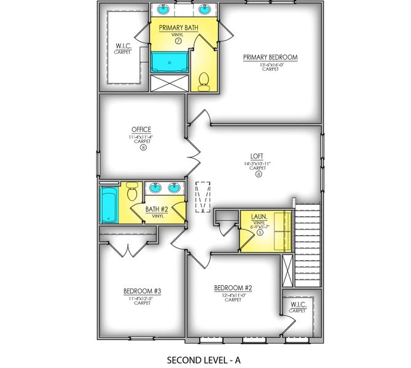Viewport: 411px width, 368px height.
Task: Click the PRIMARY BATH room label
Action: click(178, 28)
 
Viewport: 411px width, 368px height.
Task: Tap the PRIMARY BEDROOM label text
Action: click(270, 58)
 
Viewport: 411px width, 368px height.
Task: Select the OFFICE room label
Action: click(141, 129)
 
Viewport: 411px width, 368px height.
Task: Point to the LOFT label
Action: click(258, 156)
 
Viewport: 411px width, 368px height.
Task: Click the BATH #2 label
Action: click(157, 210)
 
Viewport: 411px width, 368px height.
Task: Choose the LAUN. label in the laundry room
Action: click(259, 217)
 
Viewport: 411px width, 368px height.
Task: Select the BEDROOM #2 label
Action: click(233, 288)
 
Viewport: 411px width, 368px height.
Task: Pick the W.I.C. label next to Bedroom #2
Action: click(297, 305)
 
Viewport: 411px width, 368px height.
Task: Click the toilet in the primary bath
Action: click(205, 80)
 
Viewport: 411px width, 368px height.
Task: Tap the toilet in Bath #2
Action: click(131, 193)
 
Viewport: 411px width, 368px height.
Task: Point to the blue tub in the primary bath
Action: click(168, 62)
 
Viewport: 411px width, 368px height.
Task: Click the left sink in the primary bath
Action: click(165, 10)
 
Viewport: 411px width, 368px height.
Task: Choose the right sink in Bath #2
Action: click(175, 188)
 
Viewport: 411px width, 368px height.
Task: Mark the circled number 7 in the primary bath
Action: click(178, 41)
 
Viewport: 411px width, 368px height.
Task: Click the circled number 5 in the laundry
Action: click(260, 232)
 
